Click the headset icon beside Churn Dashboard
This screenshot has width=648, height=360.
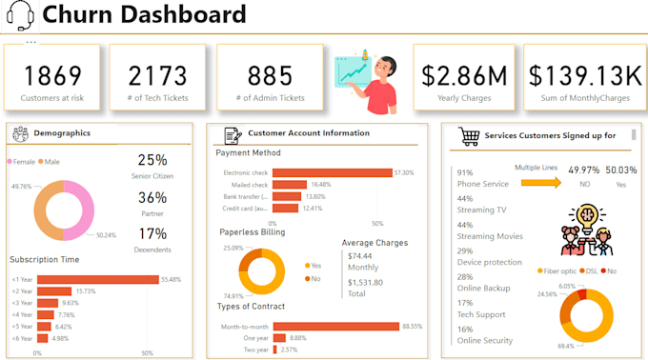coord(19,16)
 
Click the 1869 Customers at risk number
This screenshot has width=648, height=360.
coord(52,75)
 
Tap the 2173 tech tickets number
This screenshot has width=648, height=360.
coord(157,75)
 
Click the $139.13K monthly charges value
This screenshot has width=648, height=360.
coord(585,75)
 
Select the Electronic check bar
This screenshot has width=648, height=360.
coord(333,172)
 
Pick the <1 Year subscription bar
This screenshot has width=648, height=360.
coord(98,279)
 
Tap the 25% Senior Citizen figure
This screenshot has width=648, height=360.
coord(152,160)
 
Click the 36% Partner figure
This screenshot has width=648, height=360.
coord(152,197)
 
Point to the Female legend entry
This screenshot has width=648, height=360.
coord(24,162)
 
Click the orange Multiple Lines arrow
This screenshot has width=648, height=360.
coord(539,183)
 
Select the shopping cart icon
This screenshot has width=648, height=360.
coord(468,135)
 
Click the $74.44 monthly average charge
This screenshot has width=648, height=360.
coord(360,256)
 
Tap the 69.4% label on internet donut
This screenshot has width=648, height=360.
coord(566,346)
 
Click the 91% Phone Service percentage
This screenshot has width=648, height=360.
coord(465,172)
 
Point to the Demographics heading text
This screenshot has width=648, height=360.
coord(62,132)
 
